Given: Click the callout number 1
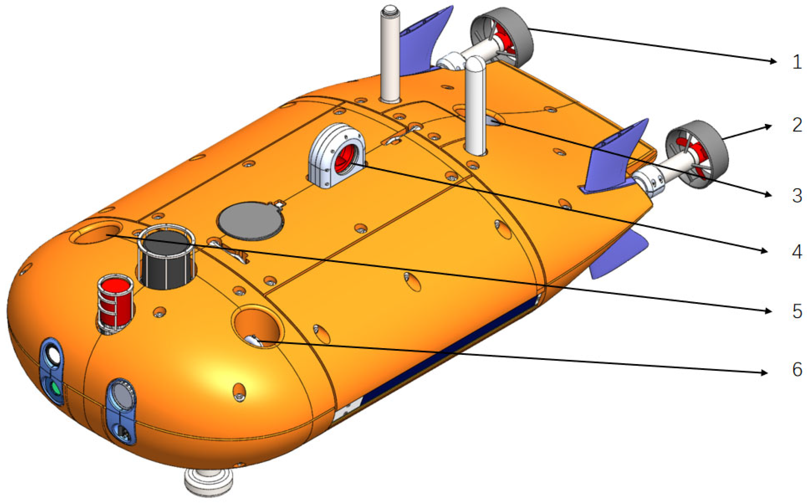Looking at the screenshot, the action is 797,62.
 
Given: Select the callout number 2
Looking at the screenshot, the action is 797,125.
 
